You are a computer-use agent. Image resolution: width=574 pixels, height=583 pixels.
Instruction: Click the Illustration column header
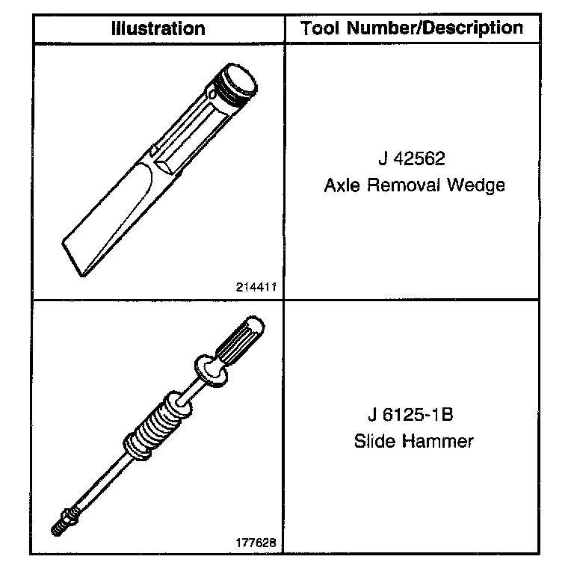pos(158,28)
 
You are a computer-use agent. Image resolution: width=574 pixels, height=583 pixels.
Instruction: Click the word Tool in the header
pos(319,28)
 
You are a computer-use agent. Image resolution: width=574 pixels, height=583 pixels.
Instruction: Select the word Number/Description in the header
pos(435,28)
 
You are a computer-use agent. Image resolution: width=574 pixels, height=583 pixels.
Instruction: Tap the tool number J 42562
pos(412,158)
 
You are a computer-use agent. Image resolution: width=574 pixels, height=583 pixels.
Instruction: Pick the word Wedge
pos(476,185)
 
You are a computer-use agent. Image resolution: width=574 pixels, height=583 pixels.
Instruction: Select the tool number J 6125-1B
pos(411,415)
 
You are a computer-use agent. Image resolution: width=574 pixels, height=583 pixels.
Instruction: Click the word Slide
pos(375,441)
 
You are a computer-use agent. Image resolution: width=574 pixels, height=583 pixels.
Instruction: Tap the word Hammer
pos(438,441)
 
